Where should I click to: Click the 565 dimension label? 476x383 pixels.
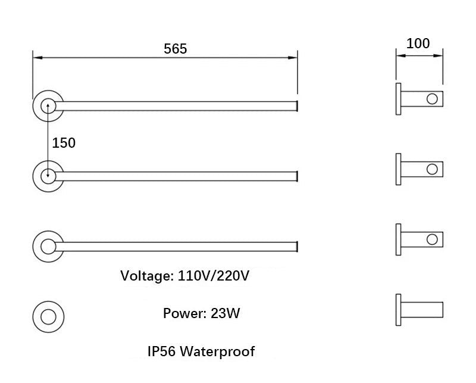click(x=176, y=49)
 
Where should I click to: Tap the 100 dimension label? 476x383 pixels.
click(x=418, y=43)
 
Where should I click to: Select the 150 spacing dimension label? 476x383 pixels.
click(x=64, y=143)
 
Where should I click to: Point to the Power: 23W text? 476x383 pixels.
click(x=201, y=313)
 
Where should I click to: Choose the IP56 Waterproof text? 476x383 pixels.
click(x=201, y=351)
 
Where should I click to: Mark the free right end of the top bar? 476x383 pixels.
click(x=296, y=106)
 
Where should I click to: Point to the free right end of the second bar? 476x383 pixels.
click(x=296, y=175)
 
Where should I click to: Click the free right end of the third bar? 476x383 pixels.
click(x=296, y=246)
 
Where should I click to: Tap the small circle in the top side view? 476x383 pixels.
click(x=433, y=99)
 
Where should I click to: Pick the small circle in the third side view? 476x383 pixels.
click(x=433, y=239)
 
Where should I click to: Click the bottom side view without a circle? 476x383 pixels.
click(x=420, y=310)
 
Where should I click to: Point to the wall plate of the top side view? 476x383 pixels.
click(x=397, y=99)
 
